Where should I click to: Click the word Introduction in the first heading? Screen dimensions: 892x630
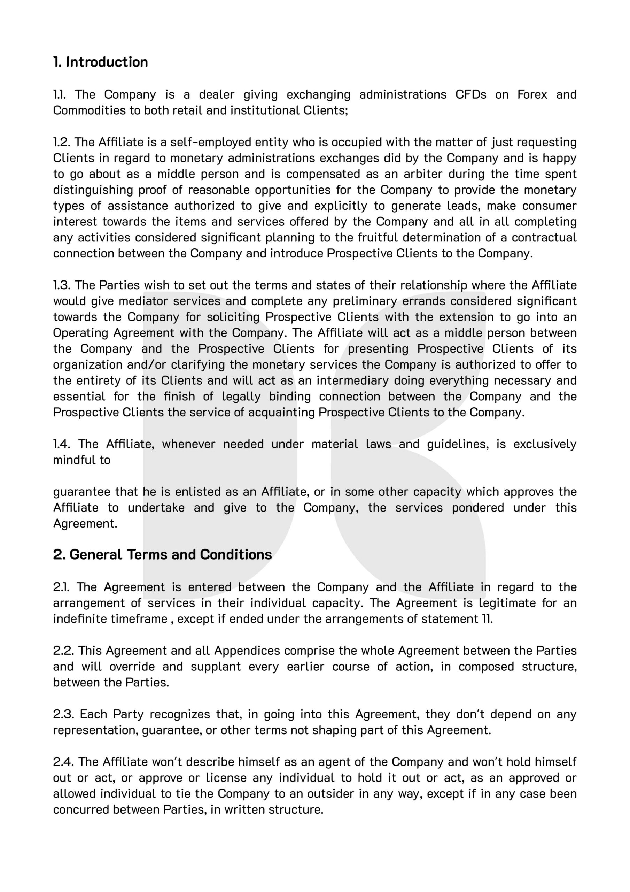(107, 62)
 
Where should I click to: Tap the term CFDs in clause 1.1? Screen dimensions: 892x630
(471, 94)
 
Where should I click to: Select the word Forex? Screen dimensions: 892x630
(532, 94)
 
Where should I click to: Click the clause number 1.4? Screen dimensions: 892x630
(61, 444)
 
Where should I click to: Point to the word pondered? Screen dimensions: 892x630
(478, 508)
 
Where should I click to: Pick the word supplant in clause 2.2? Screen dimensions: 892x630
(216, 666)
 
